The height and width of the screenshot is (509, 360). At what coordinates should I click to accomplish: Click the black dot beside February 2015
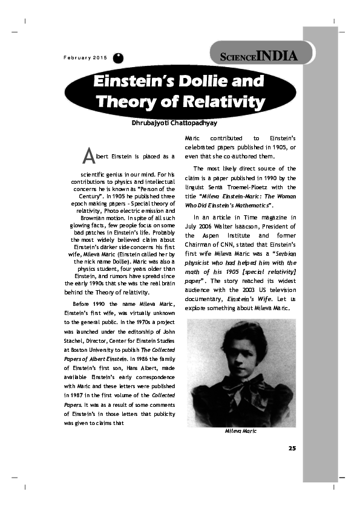(x=119, y=58)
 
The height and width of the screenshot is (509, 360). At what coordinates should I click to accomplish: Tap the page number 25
(x=292, y=448)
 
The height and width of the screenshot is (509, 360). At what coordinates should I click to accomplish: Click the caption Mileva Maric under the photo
(x=241, y=431)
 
